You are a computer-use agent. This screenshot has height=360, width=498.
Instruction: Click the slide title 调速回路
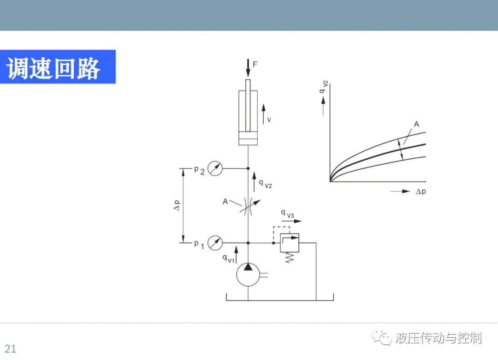[x=53, y=68]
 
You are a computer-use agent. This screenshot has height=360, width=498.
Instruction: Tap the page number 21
[x=11, y=348]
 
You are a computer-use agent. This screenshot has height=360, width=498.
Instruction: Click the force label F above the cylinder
[x=255, y=64]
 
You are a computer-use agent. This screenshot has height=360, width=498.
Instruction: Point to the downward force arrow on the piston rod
[x=248, y=68]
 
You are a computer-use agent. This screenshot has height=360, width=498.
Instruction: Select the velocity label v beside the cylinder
[x=269, y=120]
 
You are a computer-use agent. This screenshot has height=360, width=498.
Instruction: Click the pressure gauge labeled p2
[x=215, y=168]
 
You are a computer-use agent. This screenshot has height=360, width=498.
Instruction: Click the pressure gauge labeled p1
[x=215, y=243]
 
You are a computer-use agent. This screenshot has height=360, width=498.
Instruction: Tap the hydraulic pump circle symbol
[x=248, y=275]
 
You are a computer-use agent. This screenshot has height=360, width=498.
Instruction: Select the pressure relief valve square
[x=289, y=243]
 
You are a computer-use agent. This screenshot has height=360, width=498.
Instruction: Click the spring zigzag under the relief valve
[x=289, y=258]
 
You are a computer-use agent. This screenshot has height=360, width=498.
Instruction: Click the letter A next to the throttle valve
[x=225, y=201]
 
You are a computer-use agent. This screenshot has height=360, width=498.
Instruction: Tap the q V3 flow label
[x=287, y=214]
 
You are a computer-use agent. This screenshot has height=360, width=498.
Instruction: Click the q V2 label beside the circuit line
[x=266, y=184]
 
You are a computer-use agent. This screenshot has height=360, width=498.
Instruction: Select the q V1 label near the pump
[x=228, y=259]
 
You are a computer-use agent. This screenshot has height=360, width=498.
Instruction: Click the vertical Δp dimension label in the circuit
[x=177, y=205]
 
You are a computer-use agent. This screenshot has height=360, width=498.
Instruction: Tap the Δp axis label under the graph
[x=421, y=192]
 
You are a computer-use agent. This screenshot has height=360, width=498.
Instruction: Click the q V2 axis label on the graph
[x=323, y=87]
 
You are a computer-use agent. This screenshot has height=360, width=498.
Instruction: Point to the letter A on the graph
[x=416, y=124]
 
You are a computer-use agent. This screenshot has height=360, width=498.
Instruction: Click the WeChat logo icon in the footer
[x=382, y=338]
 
